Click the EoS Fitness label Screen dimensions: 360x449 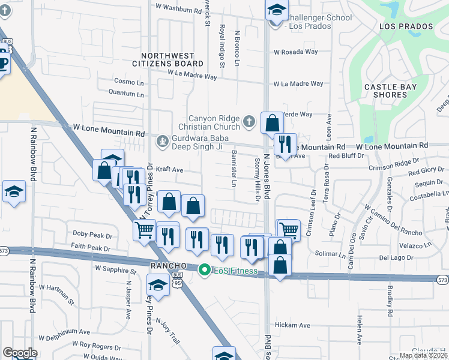point(234,271)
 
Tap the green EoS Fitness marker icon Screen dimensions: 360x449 point(204,271)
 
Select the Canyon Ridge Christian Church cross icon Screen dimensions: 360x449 point(249,123)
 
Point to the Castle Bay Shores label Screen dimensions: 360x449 point(391,91)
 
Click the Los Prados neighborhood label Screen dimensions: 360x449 point(406,27)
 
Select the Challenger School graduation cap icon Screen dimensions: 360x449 point(276,10)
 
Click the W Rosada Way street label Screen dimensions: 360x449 point(295,52)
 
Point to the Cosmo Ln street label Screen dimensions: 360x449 point(129,81)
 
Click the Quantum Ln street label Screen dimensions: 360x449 point(126,94)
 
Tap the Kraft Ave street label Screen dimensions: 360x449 point(169,170)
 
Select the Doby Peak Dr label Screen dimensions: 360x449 point(92,234)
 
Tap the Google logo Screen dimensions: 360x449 point(20,353)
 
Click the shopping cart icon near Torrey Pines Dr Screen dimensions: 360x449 point(144,229)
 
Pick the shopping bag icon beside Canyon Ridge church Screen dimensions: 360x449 point(272,123)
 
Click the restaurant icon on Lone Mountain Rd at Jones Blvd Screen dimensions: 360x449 point(285,144)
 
